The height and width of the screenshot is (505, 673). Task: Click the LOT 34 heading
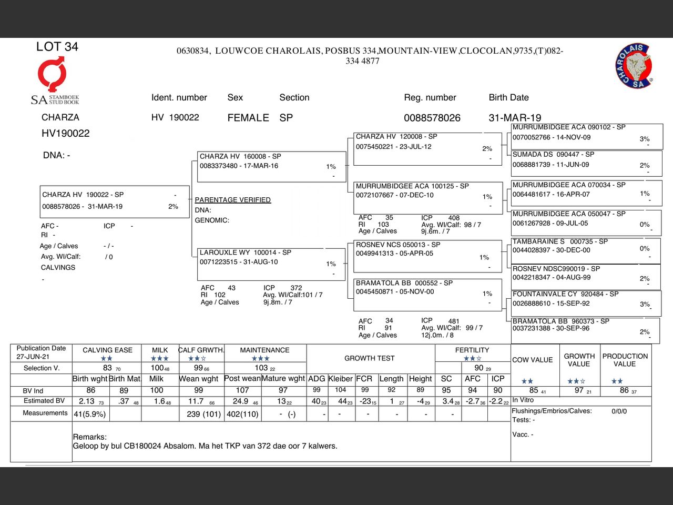coord(57,47)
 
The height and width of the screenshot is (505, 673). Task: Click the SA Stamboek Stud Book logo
coord(54,82)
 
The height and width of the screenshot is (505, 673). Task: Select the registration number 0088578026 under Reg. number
coord(432,118)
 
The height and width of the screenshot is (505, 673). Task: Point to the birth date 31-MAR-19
coord(515,118)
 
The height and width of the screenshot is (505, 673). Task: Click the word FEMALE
coord(248,118)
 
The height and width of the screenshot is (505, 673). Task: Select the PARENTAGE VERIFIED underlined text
coord(232,200)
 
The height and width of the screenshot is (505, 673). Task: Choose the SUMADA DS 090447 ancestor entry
coord(586,163)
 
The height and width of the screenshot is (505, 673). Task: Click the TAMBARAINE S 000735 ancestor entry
coord(586,250)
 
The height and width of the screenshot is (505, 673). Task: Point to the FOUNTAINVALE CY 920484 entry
coord(586,302)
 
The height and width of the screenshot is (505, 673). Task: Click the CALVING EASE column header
coord(107,350)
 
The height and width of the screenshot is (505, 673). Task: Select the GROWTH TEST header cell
coord(369,358)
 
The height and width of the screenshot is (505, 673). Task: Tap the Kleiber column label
coord(340,379)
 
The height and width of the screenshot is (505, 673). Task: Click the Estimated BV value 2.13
coord(87,401)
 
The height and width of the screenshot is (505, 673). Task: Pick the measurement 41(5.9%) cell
coord(90,414)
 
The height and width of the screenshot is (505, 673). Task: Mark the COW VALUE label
coord(532,360)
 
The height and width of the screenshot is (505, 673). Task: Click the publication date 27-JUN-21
coord(33,357)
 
